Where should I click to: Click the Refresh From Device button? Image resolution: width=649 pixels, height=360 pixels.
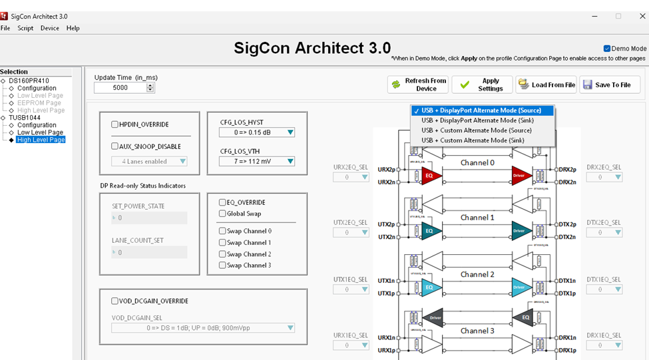[417, 85]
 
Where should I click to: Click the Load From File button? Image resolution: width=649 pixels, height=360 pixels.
[546, 85]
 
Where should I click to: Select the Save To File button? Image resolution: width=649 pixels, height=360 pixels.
[610, 85]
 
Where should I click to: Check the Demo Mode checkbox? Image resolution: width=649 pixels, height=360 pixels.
[607, 49]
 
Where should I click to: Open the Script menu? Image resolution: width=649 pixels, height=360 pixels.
[25, 28]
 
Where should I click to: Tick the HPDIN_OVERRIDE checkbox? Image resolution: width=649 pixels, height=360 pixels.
[115, 124]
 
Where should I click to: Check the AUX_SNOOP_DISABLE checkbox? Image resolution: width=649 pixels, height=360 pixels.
[115, 146]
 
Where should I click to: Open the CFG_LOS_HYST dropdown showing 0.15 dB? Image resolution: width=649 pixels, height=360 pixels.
[257, 132]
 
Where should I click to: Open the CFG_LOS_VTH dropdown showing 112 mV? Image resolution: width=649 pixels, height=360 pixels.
[257, 161]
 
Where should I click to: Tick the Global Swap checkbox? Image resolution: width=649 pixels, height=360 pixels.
[222, 214]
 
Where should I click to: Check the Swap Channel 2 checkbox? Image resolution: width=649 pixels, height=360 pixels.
[222, 254]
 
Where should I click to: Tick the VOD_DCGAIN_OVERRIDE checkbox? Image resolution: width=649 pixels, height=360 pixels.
[115, 301]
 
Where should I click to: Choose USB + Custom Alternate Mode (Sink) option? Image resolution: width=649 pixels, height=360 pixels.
[473, 140]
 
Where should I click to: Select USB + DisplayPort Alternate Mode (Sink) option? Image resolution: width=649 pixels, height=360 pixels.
[478, 120]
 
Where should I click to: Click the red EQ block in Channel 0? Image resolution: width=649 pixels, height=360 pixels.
[430, 176]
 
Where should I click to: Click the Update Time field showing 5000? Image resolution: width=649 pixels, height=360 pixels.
[120, 88]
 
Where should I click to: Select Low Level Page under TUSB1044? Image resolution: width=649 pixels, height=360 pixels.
[40, 132]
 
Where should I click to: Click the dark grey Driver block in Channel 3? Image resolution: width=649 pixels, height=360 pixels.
[435, 317]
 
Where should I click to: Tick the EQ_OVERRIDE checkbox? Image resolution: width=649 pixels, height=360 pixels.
[222, 202]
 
